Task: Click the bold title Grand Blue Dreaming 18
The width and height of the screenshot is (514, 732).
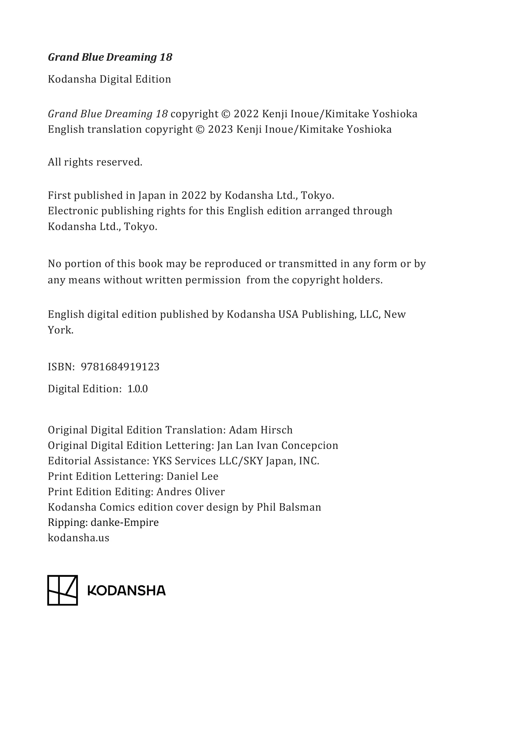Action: (110, 57)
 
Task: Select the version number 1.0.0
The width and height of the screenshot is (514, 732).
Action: (137, 389)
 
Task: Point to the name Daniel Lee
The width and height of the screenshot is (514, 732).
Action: (192, 476)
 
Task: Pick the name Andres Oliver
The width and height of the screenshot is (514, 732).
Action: (190, 492)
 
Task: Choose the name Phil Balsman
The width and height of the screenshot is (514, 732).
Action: (289, 507)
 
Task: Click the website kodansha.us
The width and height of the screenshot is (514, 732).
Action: (78, 538)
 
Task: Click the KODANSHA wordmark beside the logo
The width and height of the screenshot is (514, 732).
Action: (127, 591)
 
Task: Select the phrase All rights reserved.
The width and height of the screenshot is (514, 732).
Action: (95, 162)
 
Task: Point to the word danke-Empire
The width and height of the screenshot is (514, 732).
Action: (125, 523)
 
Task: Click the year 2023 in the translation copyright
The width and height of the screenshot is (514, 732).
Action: (220, 129)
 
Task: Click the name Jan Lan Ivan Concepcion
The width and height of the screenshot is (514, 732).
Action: (277, 445)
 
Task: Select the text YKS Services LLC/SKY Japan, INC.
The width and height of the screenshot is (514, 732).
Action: (236, 461)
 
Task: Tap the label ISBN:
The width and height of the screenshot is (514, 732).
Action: (61, 367)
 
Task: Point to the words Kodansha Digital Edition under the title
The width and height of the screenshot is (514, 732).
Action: (109, 79)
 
